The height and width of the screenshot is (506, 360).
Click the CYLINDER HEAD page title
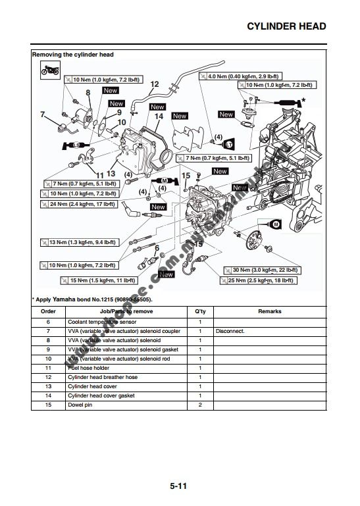(x=286, y=26)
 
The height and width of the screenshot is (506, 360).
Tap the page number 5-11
(x=179, y=486)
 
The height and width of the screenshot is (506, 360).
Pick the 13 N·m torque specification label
(x=78, y=242)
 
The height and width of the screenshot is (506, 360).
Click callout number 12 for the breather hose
(x=155, y=84)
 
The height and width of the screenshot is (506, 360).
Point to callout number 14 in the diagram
(x=159, y=116)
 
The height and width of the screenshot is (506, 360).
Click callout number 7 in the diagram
(x=43, y=114)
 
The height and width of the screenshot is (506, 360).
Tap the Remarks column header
(x=269, y=311)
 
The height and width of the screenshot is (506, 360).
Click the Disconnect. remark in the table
(x=230, y=331)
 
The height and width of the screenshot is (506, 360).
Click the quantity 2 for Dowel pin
(x=199, y=405)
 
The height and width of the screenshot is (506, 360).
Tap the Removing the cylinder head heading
(x=72, y=54)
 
